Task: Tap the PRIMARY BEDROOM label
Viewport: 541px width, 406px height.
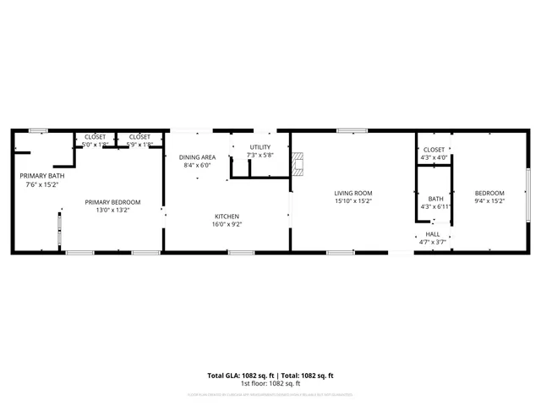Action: tap(112, 202)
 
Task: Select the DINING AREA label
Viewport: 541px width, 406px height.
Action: tap(197, 157)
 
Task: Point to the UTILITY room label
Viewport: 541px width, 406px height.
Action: tap(260, 147)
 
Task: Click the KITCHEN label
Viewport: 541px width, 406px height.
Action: tap(226, 217)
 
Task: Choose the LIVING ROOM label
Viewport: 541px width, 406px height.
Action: tap(352, 193)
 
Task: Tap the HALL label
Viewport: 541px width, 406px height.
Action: tap(433, 234)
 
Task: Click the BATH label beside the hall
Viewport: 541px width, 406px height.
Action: tap(435, 199)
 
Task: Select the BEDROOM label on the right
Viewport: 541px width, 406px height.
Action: tap(489, 193)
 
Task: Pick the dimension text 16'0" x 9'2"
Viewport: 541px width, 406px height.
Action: tap(226, 225)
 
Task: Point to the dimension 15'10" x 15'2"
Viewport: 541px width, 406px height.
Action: tap(352, 201)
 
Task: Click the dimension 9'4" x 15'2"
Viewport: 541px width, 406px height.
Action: tap(489, 201)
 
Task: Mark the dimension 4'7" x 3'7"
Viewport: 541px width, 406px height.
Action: tap(433, 243)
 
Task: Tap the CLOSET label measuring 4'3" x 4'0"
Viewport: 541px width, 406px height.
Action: tap(434, 149)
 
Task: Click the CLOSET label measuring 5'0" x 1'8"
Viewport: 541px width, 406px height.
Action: tap(94, 137)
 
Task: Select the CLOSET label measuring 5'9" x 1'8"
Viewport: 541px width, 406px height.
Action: tap(139, 137)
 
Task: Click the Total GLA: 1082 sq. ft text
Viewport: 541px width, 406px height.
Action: tap(238, 375)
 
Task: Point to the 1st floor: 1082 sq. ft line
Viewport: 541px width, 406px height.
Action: tap(270, 383)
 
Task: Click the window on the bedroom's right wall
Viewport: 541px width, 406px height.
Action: tap(529, 192)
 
